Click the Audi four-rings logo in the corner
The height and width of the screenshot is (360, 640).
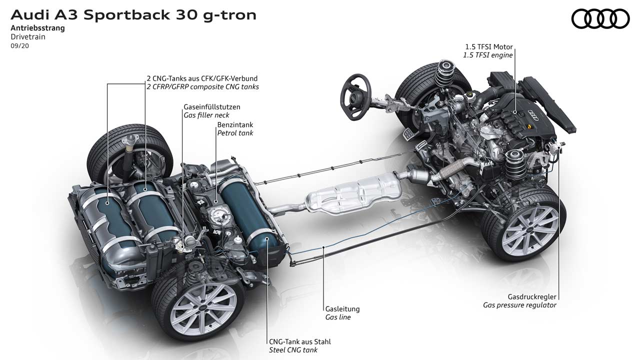pos(600,18)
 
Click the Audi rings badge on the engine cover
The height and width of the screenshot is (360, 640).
pos(533,115)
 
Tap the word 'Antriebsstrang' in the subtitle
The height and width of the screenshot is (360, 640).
pos(37,28)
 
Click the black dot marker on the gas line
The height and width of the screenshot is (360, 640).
pos(324,247)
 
